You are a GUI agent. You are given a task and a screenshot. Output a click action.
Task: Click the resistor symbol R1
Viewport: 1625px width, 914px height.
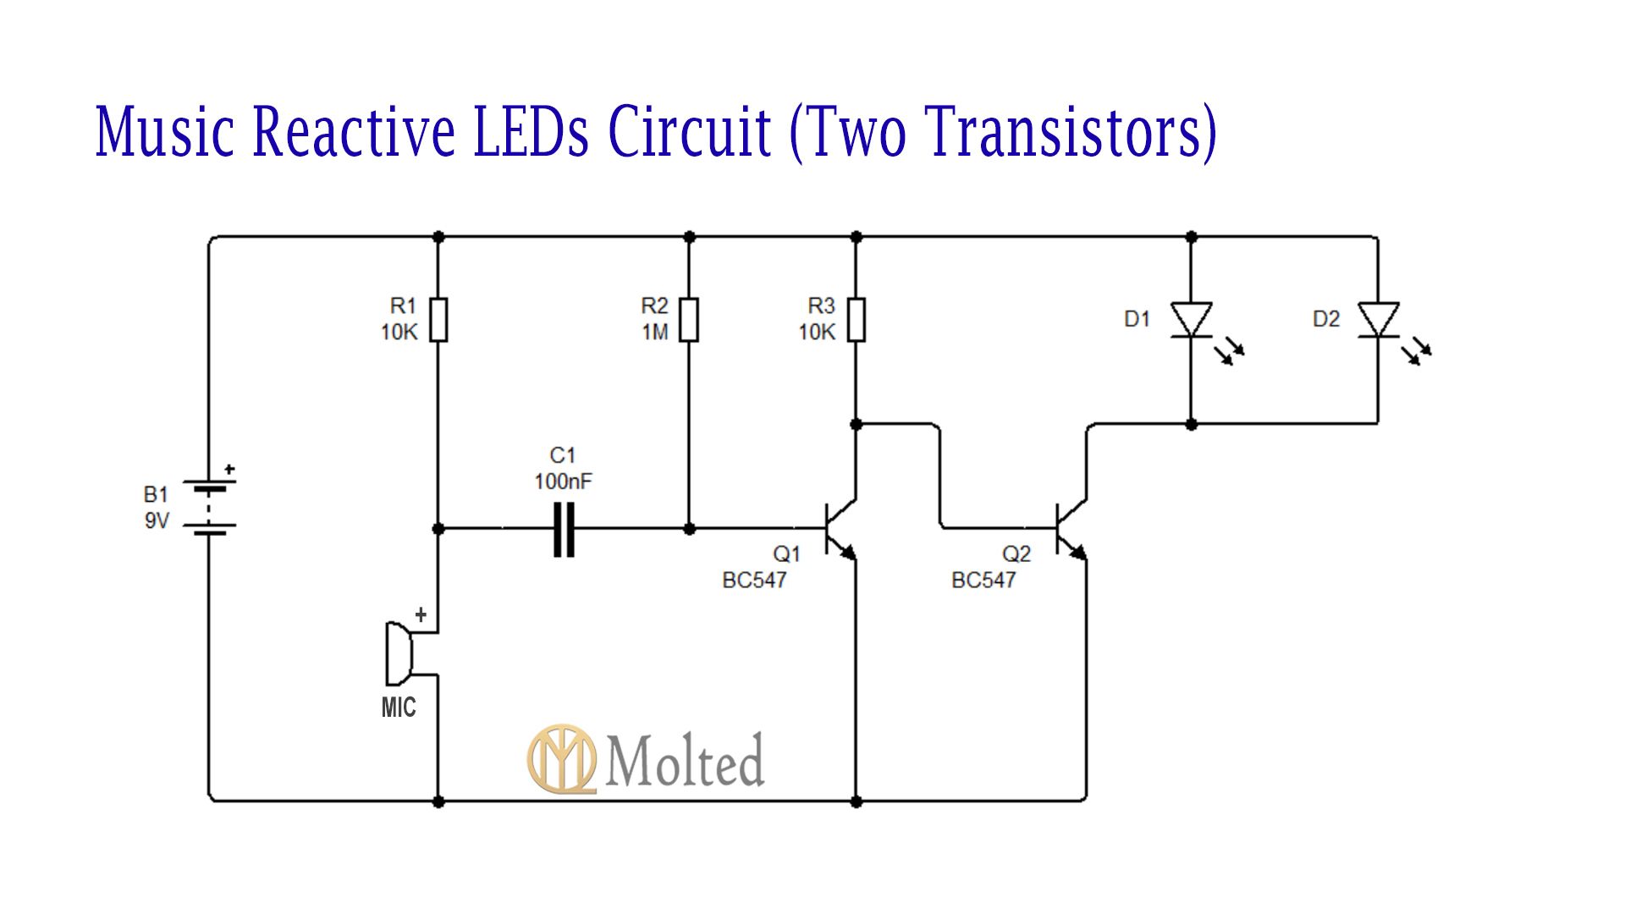click(438, 319)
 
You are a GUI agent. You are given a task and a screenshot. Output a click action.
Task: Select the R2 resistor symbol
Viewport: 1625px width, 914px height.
click(689, 319)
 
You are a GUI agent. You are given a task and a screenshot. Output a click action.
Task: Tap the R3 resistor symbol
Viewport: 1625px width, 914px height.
click(856, 319)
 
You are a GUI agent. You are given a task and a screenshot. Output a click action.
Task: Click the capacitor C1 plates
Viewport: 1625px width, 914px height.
click(564, 529)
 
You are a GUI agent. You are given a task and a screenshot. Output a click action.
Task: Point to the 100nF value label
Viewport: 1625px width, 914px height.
click(563, 482)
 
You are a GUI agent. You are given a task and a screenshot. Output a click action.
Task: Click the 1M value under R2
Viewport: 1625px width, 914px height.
click(654, 333)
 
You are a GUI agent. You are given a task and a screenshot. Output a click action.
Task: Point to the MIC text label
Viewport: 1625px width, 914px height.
click(398, 708)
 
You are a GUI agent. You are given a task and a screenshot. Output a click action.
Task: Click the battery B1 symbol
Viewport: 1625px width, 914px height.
click(209, 508)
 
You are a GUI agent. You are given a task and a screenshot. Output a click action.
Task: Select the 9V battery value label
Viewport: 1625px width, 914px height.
click(157, 520)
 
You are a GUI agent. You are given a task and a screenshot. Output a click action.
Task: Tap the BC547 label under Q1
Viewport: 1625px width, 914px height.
click(754, 581)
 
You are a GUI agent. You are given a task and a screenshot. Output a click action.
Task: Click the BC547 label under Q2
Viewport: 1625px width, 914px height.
click(983, 581)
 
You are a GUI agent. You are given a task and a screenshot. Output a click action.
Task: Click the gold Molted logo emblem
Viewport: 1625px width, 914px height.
click(561, 758)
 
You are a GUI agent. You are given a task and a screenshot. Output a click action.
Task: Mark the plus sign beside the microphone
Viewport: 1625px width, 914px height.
click(420, 615)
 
